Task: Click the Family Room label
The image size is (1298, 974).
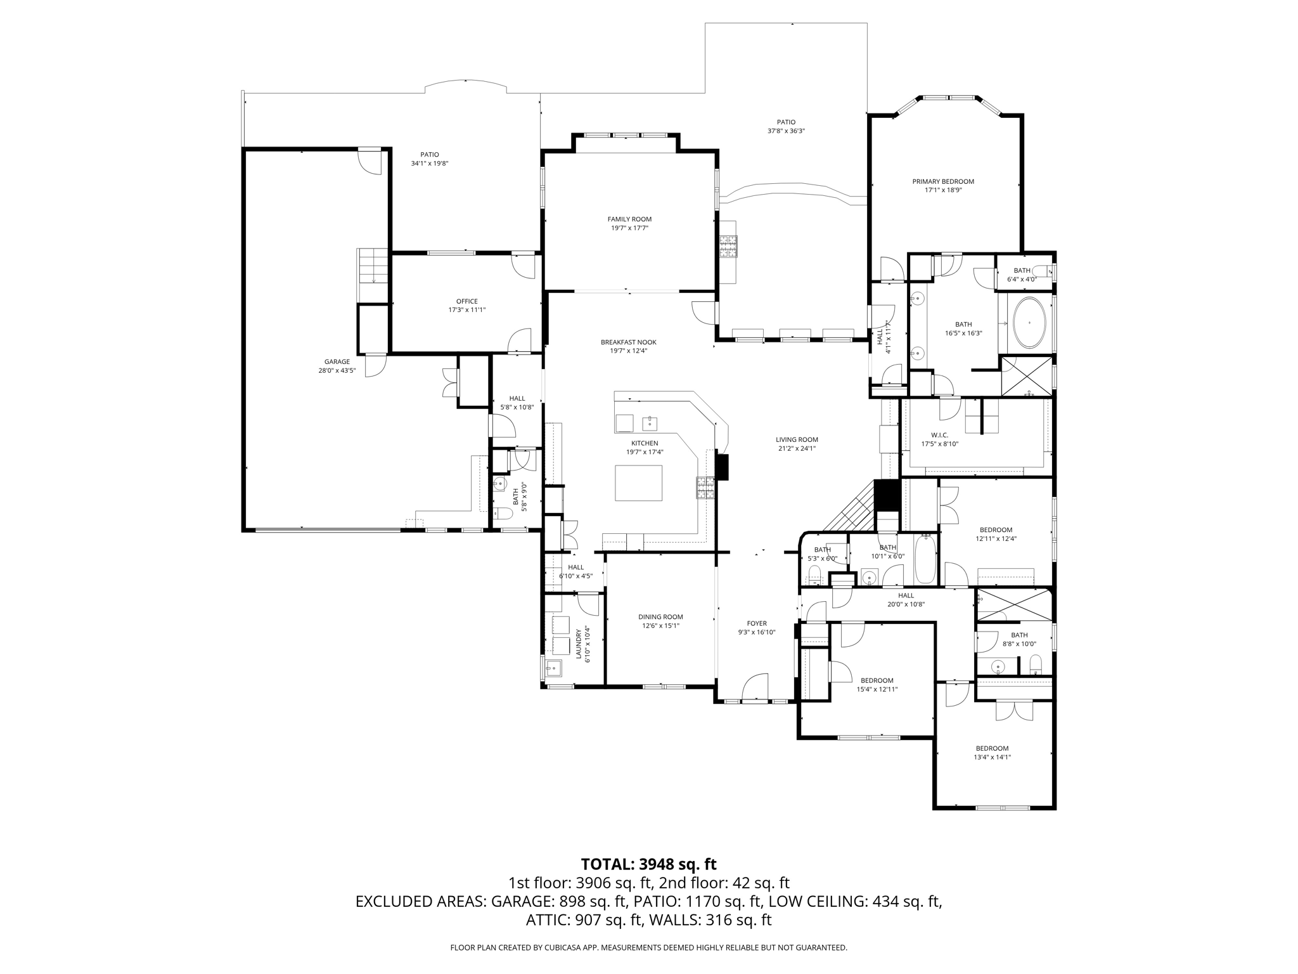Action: click(x=629, y=219)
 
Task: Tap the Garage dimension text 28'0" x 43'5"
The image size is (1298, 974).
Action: click(x=337, y=371)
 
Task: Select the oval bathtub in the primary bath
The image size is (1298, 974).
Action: click(x=1029, y=322)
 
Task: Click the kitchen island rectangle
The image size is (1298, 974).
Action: click(x=639, y=483)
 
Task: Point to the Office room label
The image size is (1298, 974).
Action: click(x=467, y=301)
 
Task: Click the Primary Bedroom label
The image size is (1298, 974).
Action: click(x=943, y=181)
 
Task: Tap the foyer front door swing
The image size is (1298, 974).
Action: click(x=754, y=687)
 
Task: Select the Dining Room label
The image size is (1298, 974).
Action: click(x=660, y=617)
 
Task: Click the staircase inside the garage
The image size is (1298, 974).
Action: click(x=373, y=275)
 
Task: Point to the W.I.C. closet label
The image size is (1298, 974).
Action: click(x=939, y=435)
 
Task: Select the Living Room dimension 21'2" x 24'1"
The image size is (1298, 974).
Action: click(x=797, y=448)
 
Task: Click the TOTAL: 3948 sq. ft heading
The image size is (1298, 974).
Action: click(x=648, y=864)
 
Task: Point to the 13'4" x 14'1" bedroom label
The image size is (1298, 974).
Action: click(x=992, y=748)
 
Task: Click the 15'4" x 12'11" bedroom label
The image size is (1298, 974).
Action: click(x=877, y=680)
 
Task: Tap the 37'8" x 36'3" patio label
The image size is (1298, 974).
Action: click(x=786, y=122)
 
